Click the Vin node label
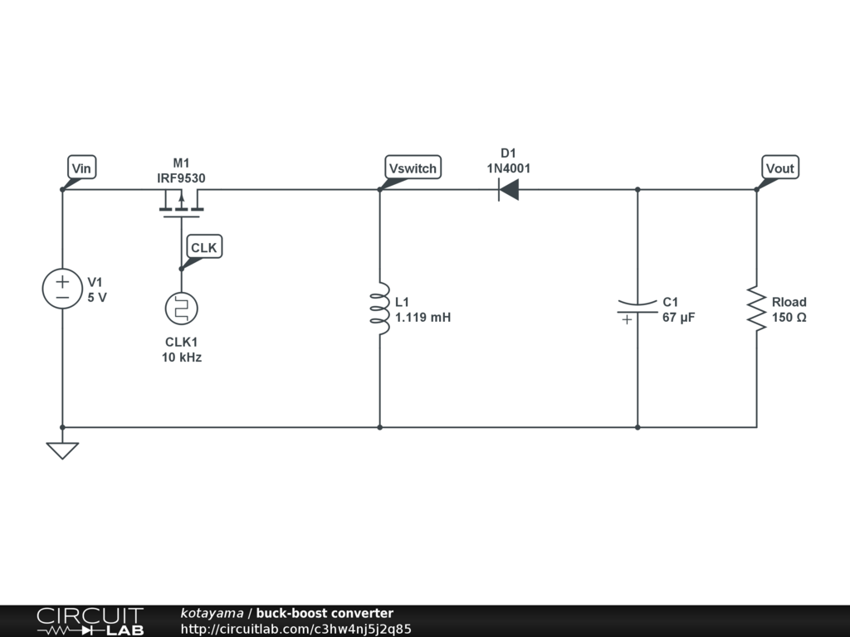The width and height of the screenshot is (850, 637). pos(81,168)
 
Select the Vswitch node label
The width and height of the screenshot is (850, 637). pos(413,168)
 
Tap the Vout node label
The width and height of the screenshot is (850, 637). pos(779,168)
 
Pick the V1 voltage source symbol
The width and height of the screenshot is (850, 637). pos(62,289)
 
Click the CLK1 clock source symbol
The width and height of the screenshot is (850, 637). pos(181,309)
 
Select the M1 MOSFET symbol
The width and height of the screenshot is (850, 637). pos(181,203)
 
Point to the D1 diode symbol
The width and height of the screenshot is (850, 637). pos(508,190)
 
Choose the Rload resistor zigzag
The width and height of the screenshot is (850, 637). pos(756,309)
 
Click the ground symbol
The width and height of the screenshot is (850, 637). pos(62,450)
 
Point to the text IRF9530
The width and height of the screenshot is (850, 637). pos(181,177)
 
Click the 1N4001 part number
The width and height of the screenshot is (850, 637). pos(508,168)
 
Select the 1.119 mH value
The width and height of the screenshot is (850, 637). pos(423,317)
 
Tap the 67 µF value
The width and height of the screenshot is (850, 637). pos(678,317)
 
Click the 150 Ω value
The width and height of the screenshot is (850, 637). pos(789,317)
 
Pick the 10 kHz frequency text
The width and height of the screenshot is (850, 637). pos(181,357)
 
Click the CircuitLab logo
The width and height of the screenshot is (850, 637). pos(90,621)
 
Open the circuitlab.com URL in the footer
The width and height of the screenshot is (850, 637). pos(296,629)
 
